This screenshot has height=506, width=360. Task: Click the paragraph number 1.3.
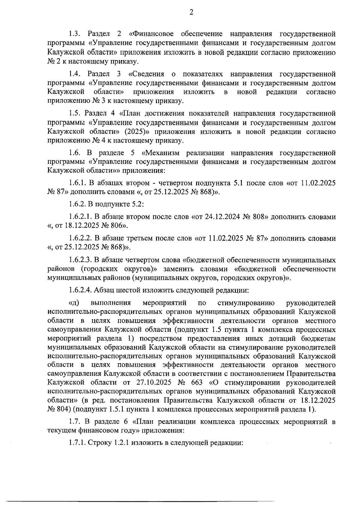click(x=75, y=33)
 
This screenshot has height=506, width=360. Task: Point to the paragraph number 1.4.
click(x=75, y=73)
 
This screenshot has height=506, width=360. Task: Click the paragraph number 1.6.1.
click(x=78, y=183)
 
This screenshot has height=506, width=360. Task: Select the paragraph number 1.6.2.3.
click(x=80, y=259)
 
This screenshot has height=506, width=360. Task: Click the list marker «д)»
click(x=74, y=303)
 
